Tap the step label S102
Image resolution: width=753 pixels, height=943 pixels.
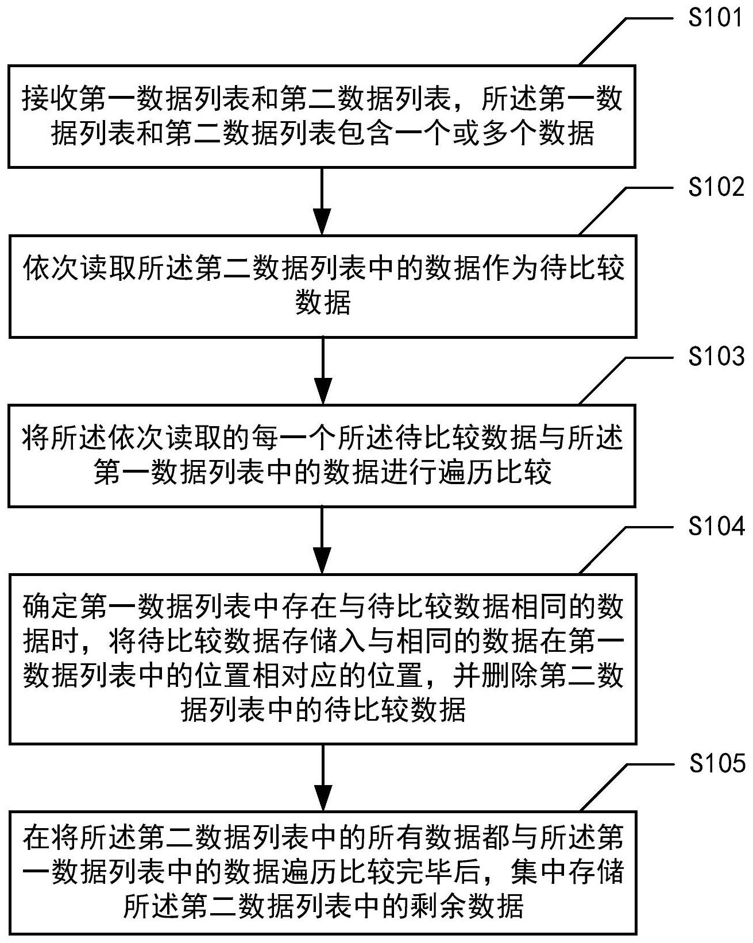click(716, 187)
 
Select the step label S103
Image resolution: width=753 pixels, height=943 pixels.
click(716, 357)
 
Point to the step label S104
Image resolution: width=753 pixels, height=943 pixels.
click(716, 526)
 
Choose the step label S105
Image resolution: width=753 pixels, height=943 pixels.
click(716, 763)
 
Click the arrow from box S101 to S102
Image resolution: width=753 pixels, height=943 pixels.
click(323, 201)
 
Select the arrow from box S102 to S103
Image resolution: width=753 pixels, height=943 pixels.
click(323, 370)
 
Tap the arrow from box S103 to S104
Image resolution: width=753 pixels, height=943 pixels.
click(323, 540)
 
